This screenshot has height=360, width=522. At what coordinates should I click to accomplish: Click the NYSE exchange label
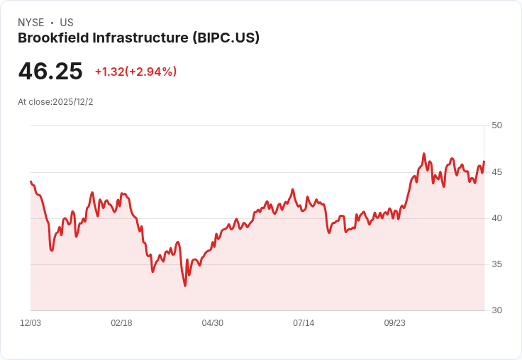30,23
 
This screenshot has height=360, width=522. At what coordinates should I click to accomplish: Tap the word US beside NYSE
67,23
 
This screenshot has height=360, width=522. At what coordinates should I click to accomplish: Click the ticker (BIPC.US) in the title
226,38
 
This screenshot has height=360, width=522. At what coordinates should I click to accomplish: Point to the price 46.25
50,71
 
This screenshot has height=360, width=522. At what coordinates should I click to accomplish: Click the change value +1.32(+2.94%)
135,72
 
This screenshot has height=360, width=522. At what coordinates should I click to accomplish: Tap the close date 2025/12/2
72,102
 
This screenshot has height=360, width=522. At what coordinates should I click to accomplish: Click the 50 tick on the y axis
496,125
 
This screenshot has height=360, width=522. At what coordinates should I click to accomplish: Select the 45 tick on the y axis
496,171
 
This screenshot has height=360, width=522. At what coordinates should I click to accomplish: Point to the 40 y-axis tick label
496,218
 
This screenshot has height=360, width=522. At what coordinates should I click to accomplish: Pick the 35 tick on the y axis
496,264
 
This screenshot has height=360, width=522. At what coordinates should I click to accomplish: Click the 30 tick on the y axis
496,310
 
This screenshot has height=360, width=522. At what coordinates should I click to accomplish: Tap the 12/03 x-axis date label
30,323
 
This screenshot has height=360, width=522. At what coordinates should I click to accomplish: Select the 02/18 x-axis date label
121,323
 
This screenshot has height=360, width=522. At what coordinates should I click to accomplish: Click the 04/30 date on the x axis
213,323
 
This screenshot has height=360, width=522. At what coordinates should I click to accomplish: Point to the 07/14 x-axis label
304,323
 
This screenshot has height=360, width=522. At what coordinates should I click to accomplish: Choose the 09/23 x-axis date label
395,323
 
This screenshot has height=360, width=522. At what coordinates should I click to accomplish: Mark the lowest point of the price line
185,286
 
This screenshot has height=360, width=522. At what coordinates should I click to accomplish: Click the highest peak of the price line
423,153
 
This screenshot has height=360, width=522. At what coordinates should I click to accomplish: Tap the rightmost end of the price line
484,162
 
